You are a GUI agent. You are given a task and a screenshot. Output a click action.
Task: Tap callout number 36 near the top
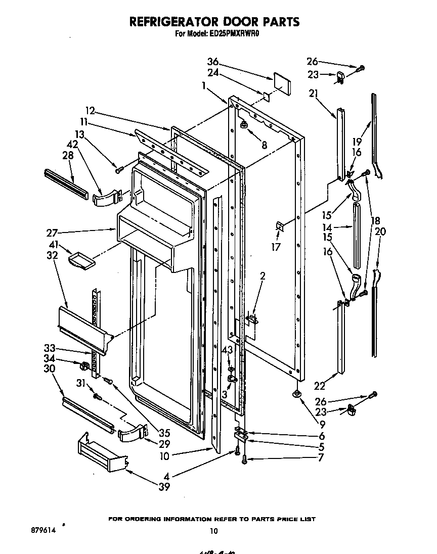213,62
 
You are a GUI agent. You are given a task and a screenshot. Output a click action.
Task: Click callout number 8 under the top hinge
264,145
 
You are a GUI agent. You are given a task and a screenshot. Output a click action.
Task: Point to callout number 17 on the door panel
276,248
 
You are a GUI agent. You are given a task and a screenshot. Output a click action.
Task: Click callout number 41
53,245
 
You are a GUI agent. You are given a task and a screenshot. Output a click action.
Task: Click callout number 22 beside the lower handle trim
320,387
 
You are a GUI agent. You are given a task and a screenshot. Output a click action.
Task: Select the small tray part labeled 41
81,260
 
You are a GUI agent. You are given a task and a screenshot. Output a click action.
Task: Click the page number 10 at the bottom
214,530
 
